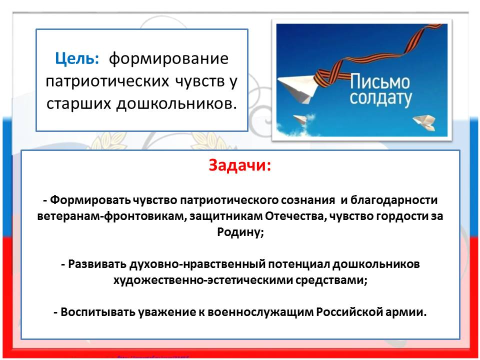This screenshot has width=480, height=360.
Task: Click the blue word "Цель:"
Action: (x=77, y=58)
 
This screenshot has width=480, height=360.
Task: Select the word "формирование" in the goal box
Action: (x=168, y=58)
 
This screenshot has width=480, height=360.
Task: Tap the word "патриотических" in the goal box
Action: (x=107, y=81)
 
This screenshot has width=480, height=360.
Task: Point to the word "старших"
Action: (x=78, y=104)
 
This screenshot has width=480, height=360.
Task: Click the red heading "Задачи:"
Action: (x=240, y=165)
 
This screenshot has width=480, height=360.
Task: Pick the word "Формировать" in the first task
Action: (x=90, y=200)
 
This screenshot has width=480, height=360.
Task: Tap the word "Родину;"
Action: (x=240, y=232)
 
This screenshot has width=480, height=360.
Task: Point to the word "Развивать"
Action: (x=97, y=264)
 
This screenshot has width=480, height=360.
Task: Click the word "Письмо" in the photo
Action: (x=380, y=81)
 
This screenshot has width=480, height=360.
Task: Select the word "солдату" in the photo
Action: (x=380, y=98)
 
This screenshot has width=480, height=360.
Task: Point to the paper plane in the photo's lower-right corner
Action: (x=424, y=122)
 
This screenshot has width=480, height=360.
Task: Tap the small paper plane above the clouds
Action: (x=300, y=119)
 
